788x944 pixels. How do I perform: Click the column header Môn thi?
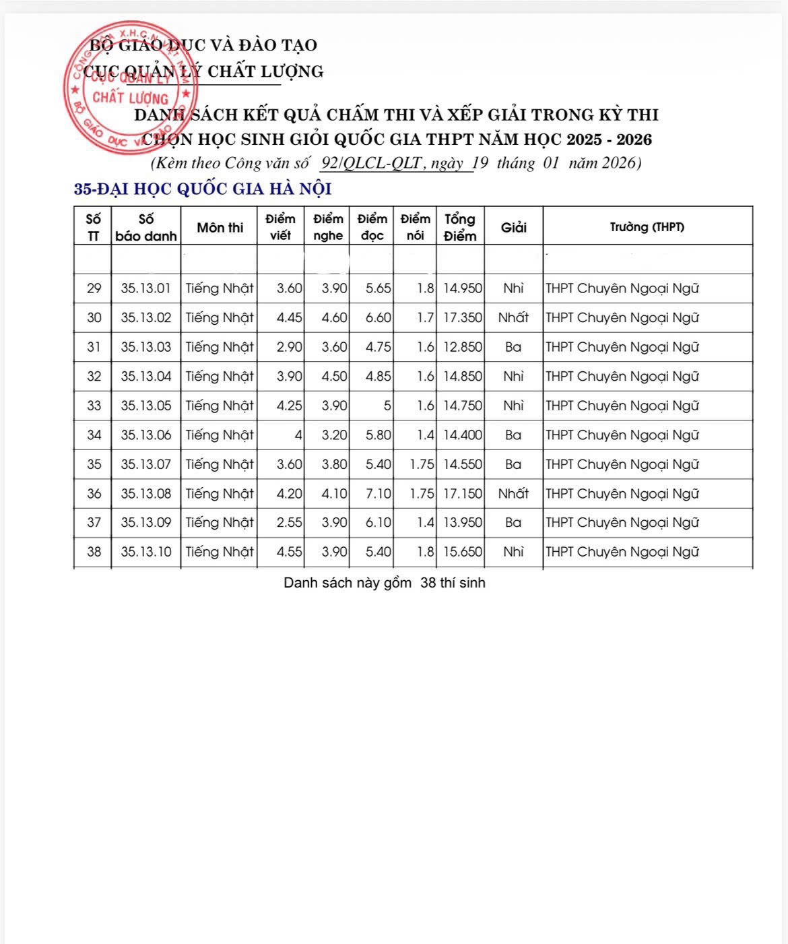tap(220, 228)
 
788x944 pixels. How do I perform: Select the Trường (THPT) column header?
tap(647, 227)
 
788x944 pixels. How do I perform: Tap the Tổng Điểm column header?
tap(460, 227)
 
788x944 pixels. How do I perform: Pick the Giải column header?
tap(513, 228)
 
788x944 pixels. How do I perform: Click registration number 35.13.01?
tap(146, 288)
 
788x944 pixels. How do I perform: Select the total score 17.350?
tap(463, 317)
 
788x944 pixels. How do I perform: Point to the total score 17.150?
tap(463, 493)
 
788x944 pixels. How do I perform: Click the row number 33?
tap(94, 406)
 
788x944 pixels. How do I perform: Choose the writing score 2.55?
tap(290, 522)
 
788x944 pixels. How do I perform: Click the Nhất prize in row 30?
tap(513, 317)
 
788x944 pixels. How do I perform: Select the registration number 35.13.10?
tap(146, 552)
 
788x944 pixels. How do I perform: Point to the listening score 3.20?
tap(334, 435)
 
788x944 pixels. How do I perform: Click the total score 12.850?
tap(463, 347)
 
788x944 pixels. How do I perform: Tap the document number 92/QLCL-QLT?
tap(372, 163)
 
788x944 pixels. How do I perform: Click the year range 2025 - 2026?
tap(609, 139)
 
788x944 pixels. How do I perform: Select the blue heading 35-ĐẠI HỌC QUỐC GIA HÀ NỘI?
tap(203, 189)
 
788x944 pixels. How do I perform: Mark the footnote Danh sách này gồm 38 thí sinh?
tap(384, 583)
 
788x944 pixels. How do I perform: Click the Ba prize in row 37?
tap(513, 522)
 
